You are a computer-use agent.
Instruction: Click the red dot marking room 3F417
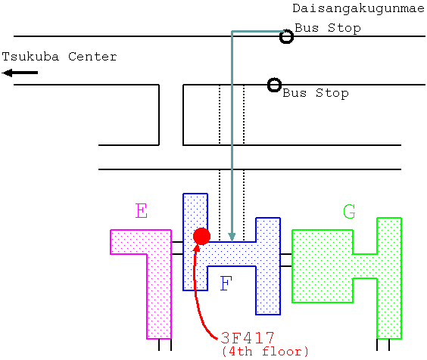click(x=201, y=236)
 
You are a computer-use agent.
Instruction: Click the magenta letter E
click(x=142, y=210)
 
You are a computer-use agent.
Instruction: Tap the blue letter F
click(x=226, y=283)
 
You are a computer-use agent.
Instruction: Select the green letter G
click(x=349, y=212)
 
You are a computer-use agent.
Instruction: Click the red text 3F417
click(x=247, y=338)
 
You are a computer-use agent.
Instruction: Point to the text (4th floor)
click(x=265, y=351)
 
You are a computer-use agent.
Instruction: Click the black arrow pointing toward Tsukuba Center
click(x=20, y=73)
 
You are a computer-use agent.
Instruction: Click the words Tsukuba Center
click(x=59, y=57)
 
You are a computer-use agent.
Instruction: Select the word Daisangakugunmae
click(x=358, y=8)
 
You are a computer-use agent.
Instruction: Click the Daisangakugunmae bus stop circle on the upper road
click(x=286, y=36)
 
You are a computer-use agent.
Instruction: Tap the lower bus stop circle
click(x=274, y=85)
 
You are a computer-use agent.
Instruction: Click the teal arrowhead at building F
click(x=232, y=237)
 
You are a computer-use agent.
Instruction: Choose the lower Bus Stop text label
click(x=316, y=93)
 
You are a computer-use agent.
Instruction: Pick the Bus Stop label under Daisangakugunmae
click(x=328, y=28)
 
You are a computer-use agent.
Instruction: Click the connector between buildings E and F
click(x=177, y=248)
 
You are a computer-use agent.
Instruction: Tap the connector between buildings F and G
click(x=286, y=260)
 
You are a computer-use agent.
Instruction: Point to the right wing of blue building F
click(x=268, y=266)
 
